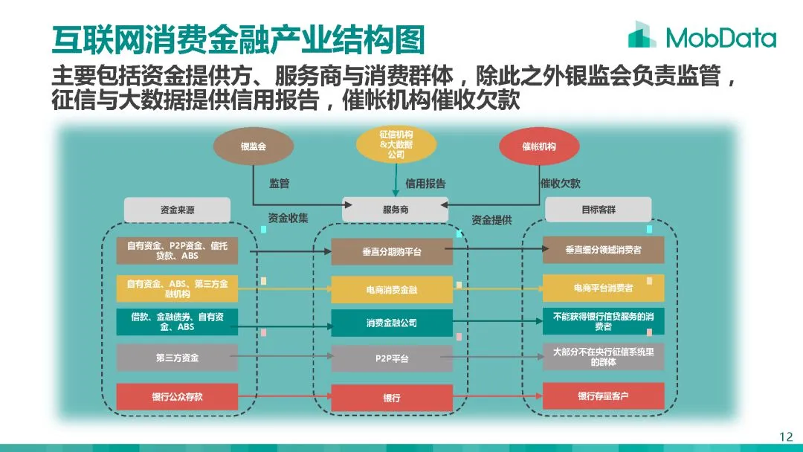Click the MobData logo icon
pos(642,35)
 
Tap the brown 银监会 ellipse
pos(253,146)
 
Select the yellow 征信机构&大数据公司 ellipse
pos(396,145)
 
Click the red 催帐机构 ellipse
pos(539,146)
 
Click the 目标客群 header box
pos(598,210)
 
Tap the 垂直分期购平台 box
pos(392,251)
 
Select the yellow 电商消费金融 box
pos(392,289)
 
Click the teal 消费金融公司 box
pos(392,323)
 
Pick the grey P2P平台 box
pos(392,358)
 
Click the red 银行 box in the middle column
pos(392,398)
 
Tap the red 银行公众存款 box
pos(177,397)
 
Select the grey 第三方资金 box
pos(177,358)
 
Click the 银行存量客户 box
pos(603,396)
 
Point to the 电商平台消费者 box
pos(603,288)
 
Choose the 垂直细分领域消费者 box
pos(603,250)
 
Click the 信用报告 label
pos(425,183)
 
